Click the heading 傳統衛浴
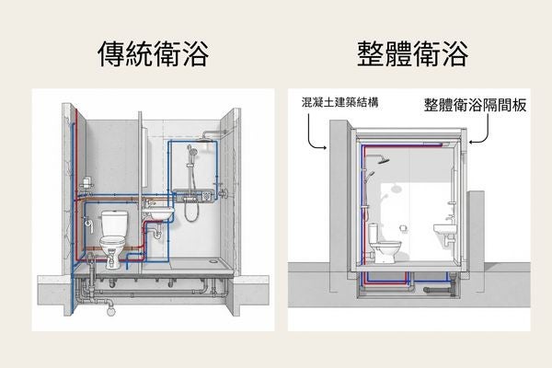[x=153, y=54]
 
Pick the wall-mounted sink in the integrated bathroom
[x=445, y=228]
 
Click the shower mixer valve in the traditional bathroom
[x=195, y=196]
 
